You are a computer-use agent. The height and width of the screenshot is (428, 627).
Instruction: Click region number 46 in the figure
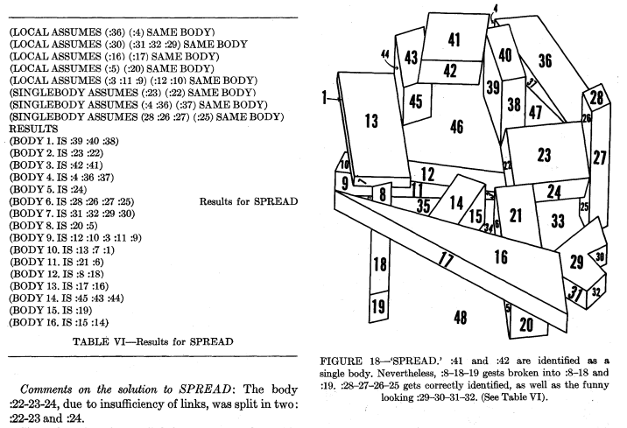click(x=456, y=128)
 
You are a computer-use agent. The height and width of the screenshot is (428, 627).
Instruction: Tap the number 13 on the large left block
click(x=371, y=120)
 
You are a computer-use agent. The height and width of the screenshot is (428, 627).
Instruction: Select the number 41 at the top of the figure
click(x=454, y=39)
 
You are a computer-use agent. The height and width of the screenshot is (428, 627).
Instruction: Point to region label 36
click(x=545, y=60)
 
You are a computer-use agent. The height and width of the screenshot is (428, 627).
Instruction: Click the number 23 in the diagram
click(x=545, y=155)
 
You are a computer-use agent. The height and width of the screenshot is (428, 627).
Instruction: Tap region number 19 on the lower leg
click(x=379, y=306)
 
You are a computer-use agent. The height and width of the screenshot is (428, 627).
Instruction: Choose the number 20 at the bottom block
click(x=525, y=325)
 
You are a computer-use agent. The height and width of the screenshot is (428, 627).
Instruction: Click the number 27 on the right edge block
click(x=599, y=158)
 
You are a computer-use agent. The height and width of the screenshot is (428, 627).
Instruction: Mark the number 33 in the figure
click(x=558, y=221)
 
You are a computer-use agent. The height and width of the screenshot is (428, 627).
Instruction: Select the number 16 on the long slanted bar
click(x=501, y=256)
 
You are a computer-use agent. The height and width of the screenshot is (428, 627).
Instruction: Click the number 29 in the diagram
click(x=576, y=261)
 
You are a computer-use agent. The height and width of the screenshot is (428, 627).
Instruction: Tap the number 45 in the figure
click(x=416, y=102)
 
